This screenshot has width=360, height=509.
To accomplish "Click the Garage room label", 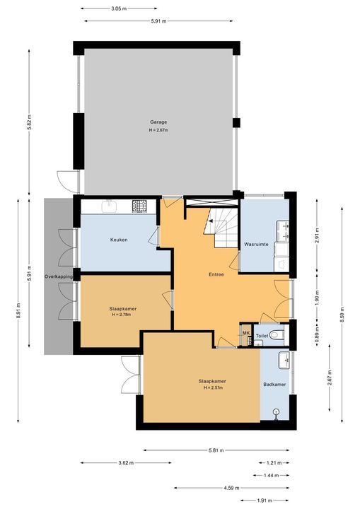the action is point(158,122).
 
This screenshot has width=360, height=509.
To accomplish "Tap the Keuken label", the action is point(119,240).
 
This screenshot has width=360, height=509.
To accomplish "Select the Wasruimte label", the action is point(256,244).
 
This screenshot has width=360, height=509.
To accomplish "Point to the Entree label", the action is point(216,274).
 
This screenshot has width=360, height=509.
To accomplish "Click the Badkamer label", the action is point(274,385).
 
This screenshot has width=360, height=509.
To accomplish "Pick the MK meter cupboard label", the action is point(246,333).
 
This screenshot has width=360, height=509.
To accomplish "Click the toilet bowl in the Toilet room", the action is point(277,334).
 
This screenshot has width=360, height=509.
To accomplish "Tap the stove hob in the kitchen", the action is point(139,206).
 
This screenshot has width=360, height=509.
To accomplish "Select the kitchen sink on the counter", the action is point(109,206).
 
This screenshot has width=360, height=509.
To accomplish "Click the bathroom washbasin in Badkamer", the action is point(284,360).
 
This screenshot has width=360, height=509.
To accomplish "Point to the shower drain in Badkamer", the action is point(276,411).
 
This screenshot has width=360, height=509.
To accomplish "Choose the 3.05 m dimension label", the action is point(119,8).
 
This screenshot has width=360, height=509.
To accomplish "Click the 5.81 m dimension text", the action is point(216,450).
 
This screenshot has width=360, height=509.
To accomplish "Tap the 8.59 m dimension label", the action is point(342,315).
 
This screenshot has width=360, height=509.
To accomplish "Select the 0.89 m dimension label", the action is point(317,334).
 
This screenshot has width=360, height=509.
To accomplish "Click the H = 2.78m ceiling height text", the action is point(122,314).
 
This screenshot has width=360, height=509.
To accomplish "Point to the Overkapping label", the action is point(59,276).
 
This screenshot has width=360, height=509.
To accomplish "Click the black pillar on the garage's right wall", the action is point(236,123).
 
